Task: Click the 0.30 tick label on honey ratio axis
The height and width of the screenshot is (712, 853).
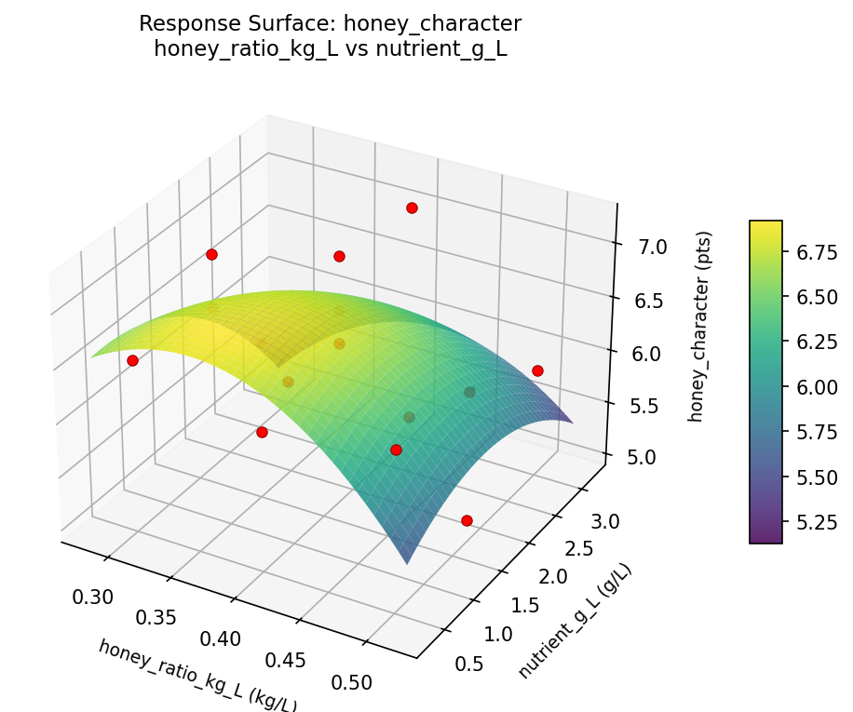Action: coord(94,597)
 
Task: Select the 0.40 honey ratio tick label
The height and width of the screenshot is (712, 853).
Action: coord(222,638)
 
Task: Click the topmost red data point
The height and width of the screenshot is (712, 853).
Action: coord(412,208)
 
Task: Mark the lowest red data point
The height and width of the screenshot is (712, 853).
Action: coord(467,520)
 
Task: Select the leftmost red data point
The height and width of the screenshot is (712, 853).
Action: coord(132,360)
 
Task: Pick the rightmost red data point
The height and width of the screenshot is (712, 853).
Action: coord(537,370)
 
